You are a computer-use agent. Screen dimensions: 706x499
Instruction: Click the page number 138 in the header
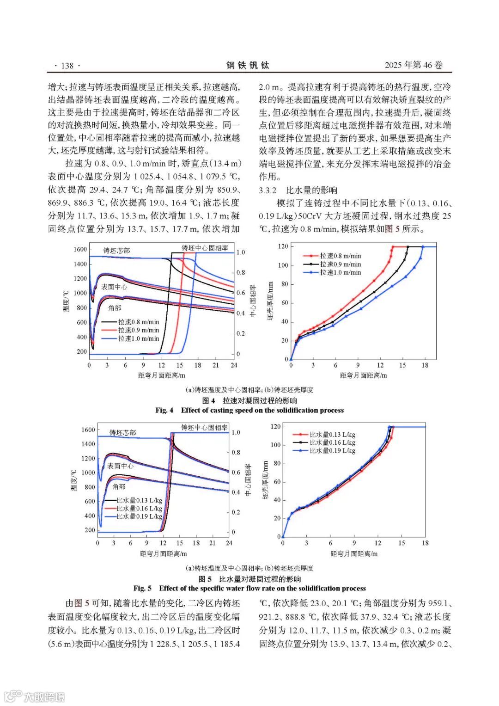click(67, 66)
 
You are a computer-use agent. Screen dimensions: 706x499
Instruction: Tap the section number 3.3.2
click(268, 190)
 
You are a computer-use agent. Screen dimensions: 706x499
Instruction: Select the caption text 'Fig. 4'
click(164, 410)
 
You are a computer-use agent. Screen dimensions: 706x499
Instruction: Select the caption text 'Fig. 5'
click(142, 588)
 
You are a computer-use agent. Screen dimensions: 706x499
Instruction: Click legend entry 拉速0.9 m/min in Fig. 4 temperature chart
click(138, 330)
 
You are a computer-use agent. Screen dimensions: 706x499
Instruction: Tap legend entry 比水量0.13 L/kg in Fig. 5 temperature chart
click(139, 500)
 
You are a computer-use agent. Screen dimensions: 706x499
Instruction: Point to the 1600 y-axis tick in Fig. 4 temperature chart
click(80, 250)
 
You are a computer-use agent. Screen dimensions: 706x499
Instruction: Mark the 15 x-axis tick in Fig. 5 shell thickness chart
click(402, 543)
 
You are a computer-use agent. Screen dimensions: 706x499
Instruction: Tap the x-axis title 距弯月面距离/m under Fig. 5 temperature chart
click(163, 553)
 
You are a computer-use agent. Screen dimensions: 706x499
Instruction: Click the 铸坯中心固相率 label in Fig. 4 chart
click(205, 248)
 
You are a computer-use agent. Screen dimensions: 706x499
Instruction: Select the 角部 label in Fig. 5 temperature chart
click(119, 486)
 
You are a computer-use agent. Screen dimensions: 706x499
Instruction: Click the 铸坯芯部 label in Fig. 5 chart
click(122, 433)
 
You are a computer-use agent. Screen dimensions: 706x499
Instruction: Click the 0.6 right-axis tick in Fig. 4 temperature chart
click(241, 293)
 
